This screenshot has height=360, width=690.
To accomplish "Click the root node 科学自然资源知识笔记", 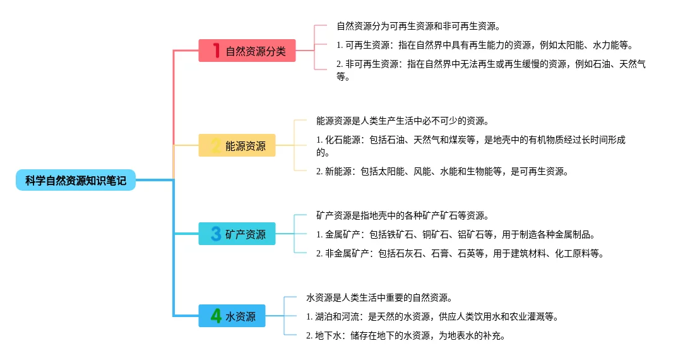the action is coord(76,180).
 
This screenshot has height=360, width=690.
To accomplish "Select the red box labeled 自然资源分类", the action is coord(247,51).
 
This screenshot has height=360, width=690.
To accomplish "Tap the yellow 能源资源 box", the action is coord(237,145).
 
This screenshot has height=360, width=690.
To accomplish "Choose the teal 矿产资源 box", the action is coord(237,234).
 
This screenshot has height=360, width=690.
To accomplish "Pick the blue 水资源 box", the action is coord(232,316).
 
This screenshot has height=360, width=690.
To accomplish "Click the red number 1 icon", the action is coord(216,51).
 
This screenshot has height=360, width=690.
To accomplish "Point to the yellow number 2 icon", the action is coord(216,145).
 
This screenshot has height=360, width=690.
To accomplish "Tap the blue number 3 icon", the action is coord(216,234).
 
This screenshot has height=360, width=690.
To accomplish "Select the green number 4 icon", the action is coord(216,316).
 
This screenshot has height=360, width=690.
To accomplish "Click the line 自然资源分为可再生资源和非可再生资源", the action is coord(419,26).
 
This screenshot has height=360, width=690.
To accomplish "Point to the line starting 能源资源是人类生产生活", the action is coord(403,121).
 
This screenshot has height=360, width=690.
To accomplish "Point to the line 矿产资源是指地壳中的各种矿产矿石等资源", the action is coord(403,215).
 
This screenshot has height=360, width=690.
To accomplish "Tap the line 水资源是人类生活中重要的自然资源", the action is coord(379,297).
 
